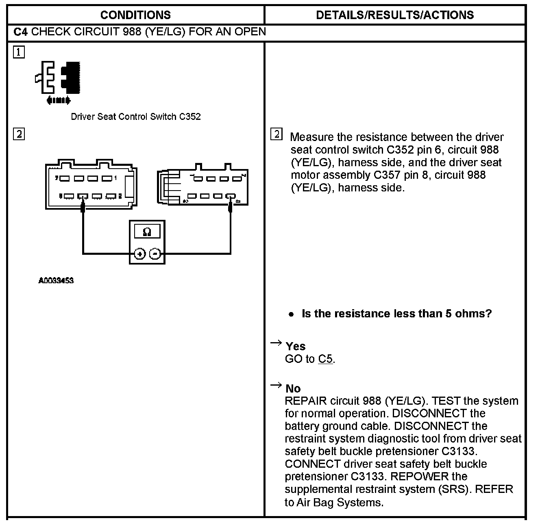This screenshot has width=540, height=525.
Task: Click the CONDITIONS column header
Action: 135,15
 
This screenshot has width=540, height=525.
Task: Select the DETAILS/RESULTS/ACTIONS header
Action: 394,15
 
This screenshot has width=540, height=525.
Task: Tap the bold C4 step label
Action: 20,32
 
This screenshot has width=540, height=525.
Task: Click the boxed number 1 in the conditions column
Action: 19,52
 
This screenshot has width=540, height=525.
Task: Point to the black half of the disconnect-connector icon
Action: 71,77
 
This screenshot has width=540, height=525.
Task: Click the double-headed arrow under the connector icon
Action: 59,100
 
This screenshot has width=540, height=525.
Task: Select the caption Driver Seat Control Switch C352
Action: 136,117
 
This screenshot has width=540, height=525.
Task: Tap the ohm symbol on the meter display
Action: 147,232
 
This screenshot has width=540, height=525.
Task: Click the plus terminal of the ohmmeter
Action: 140,254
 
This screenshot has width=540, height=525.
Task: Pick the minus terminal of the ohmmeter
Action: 155,254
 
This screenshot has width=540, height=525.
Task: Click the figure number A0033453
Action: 56,280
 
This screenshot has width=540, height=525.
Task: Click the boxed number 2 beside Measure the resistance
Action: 276,135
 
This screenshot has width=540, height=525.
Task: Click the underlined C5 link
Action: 325,359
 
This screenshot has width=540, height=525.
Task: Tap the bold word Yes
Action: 296,346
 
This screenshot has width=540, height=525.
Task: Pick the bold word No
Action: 293,388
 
